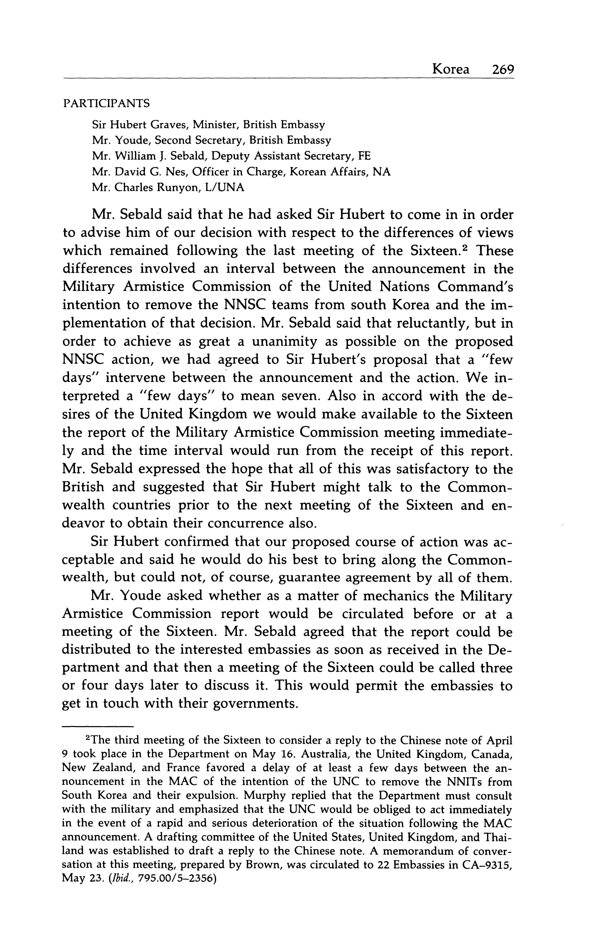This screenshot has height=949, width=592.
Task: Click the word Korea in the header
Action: tap(450, 70)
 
